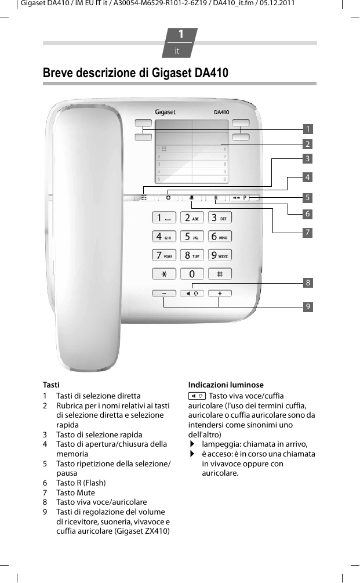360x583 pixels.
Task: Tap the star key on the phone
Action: tap(164, 273)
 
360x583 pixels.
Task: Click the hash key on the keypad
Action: tap(220, 273)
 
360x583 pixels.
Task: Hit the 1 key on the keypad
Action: tap(164, 218)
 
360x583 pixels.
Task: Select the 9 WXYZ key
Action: tap(220, 255)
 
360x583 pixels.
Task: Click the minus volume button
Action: tap(164, 294)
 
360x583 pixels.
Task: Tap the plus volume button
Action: tap(220, 294)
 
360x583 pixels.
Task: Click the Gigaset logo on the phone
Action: tap(165, 112)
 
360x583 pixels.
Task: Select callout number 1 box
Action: tap(308, 129)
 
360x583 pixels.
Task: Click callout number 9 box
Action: tap(308, 306)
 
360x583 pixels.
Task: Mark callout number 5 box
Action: tap(308, 197)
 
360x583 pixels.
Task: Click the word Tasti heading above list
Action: tap(51, 385)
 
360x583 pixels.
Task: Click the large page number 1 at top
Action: tap(180, 35)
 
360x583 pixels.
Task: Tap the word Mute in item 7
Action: tap(86, 493)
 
